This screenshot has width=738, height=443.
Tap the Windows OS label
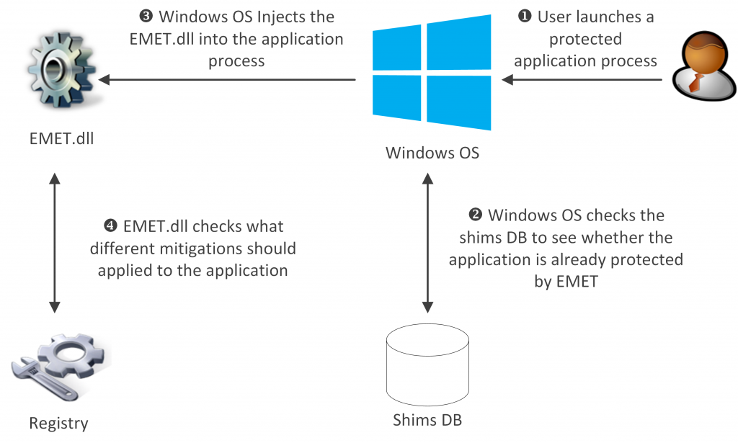432,153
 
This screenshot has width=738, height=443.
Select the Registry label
58,423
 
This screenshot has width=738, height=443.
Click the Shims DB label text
427,419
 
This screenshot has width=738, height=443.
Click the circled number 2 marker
475,215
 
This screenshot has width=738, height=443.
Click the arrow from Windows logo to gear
231,80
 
